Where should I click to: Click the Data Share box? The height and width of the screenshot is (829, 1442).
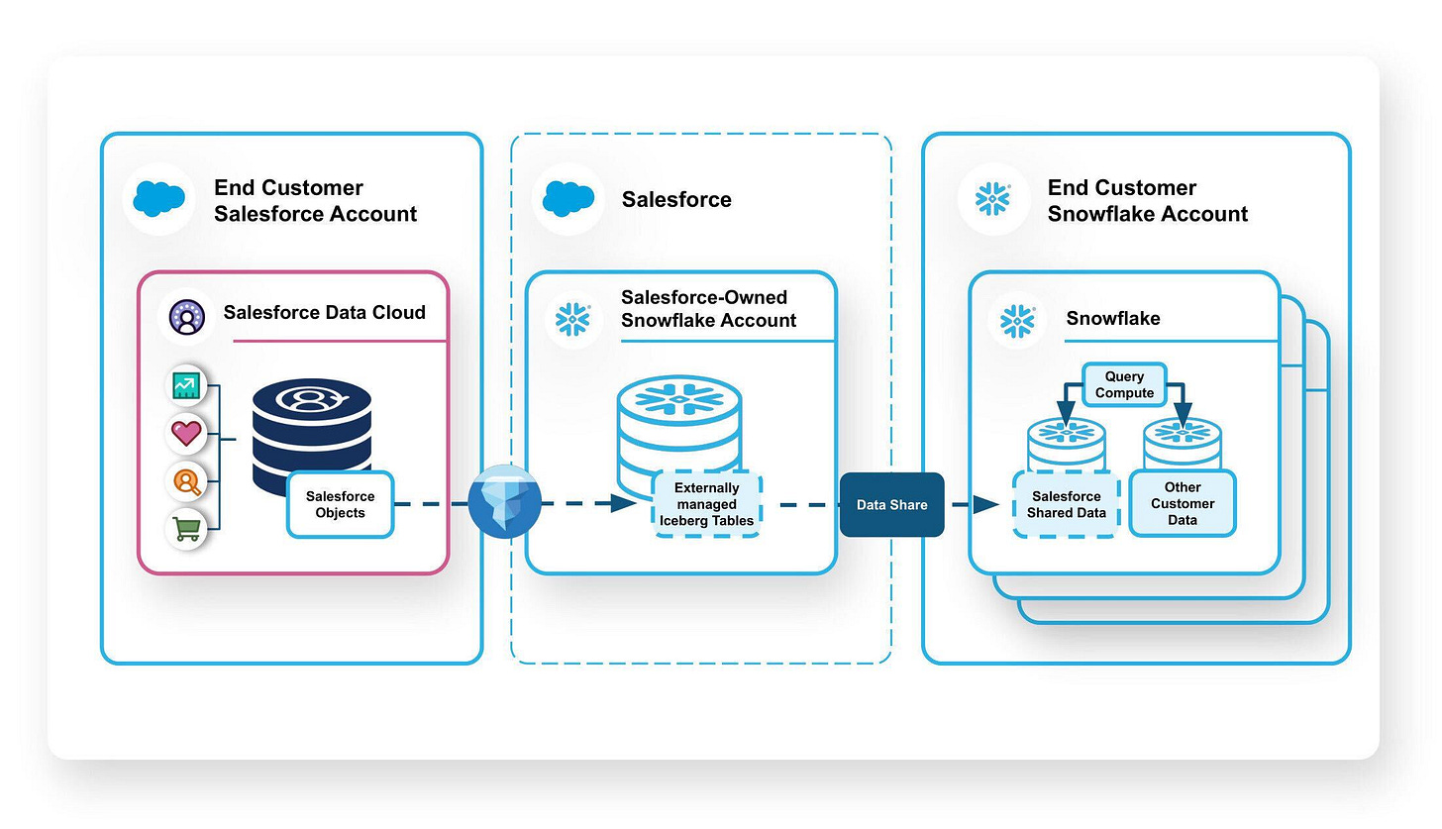pos(891,505)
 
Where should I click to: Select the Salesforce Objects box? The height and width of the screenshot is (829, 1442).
pos(340,505)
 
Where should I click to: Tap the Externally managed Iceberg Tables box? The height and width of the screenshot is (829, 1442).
pos(706,504)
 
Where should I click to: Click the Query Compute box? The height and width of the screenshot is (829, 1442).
pos(1124,384)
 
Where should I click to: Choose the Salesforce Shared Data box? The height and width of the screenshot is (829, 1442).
pos(1066,504)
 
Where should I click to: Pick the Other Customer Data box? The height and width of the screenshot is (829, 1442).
pos(1182,503)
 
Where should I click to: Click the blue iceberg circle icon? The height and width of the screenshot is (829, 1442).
pos(504,502)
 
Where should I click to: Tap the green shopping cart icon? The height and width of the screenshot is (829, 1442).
pos(186,529)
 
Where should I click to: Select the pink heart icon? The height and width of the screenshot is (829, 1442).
pos(186,433)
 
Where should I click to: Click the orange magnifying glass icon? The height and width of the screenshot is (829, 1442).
pos(186,481)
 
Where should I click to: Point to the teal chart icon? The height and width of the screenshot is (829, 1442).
pos(186,385)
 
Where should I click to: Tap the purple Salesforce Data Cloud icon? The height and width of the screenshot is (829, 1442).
pos(186,318)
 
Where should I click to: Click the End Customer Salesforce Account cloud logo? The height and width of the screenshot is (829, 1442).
pos(158,199)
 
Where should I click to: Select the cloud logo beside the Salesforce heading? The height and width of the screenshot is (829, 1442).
pos(567,199)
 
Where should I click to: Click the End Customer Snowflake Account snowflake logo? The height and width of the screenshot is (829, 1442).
pos(992,199)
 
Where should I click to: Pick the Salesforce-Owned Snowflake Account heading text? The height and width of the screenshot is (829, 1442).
pos(708,309)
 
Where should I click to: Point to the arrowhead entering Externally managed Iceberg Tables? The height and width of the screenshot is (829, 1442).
pos(623,503)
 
